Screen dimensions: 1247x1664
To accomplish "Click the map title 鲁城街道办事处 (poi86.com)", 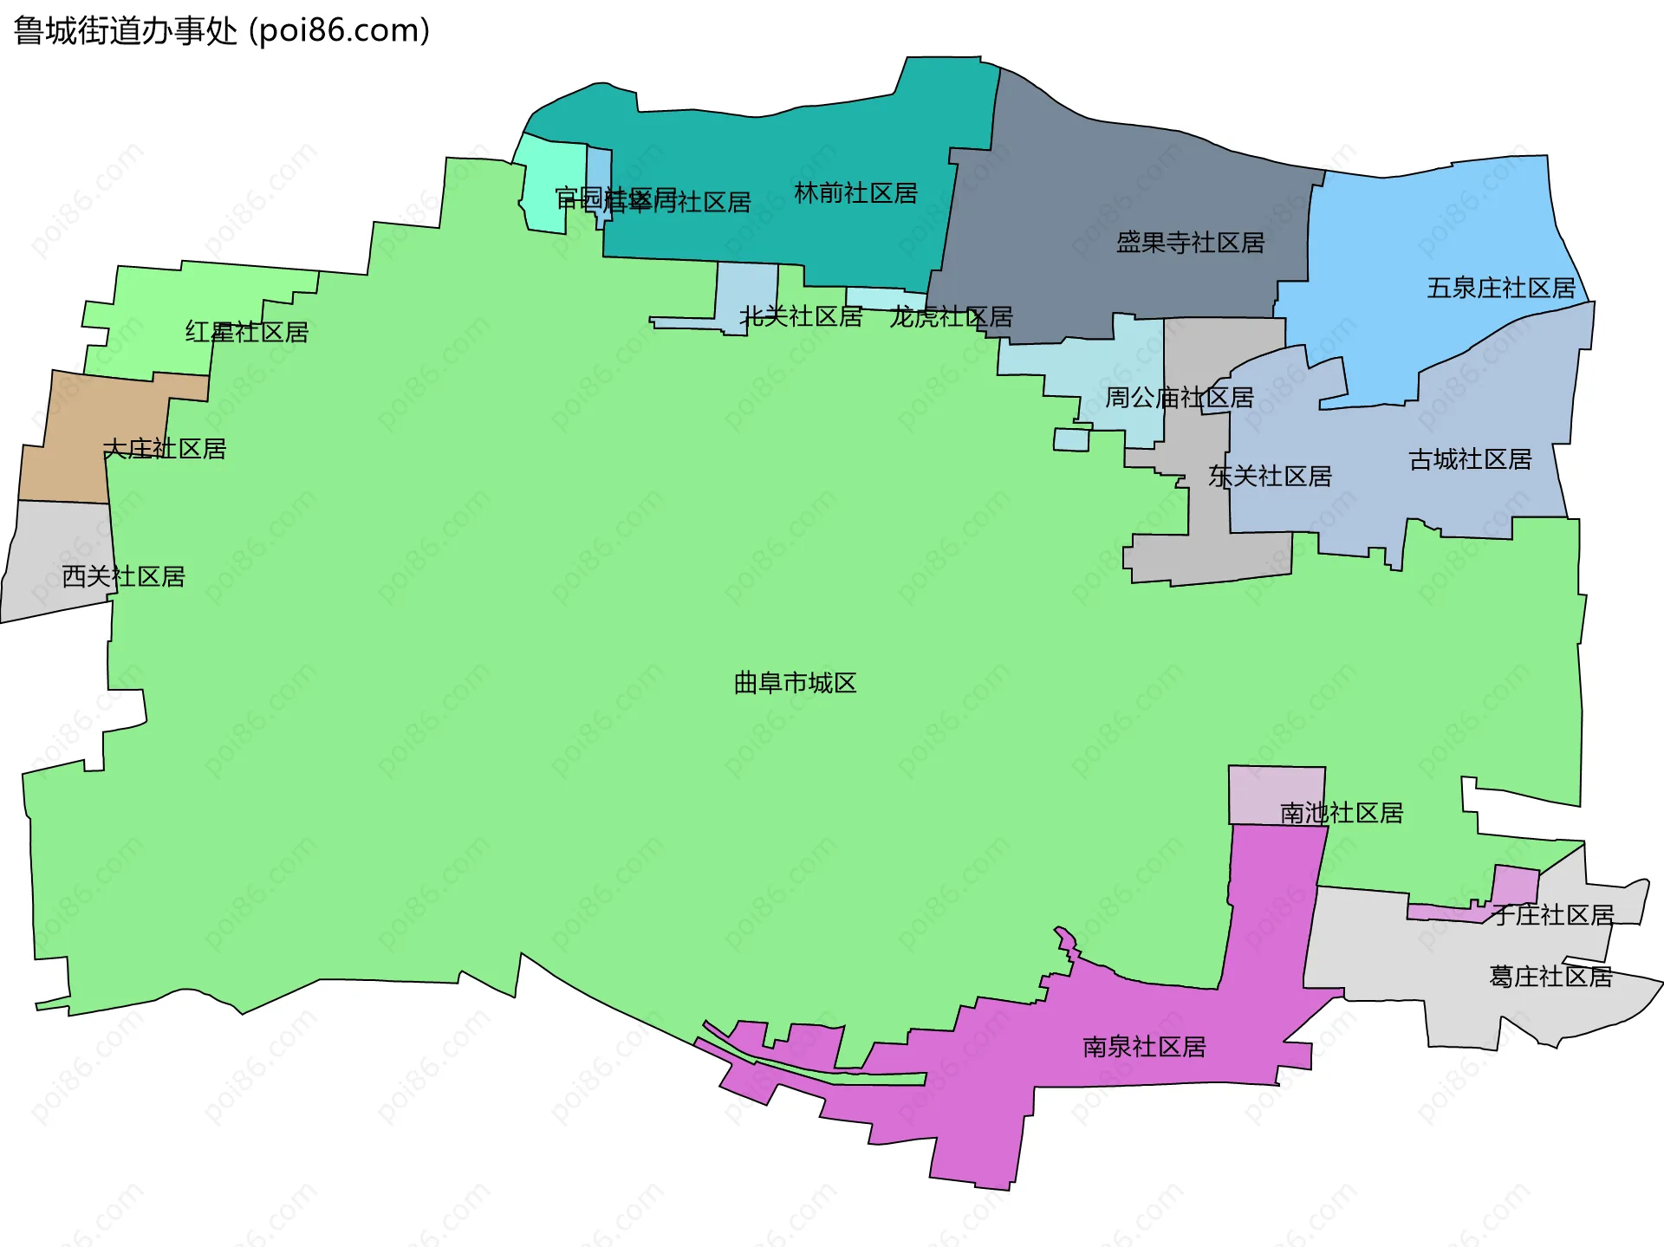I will pos(222,31).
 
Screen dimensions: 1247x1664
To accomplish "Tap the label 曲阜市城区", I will pos(795,683).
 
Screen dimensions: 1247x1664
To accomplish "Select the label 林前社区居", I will pos(855,193).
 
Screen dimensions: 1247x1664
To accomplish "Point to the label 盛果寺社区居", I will pos(1190,243).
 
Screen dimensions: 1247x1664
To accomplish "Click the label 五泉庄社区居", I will pos(1501,288).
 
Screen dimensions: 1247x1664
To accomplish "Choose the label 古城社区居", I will pos(1470,459).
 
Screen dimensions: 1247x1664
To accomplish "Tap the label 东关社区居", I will pos(1270,476).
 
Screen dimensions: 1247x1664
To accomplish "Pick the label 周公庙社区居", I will pos(1179,398).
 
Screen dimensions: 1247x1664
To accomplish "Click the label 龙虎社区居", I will pos(951,317).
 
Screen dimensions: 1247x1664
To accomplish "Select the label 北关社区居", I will pos(801,317).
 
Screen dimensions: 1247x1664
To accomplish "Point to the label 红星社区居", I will pos(247,332).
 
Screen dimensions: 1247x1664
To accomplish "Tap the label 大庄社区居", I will pos(165,449).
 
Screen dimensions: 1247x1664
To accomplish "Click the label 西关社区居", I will pos(124,576).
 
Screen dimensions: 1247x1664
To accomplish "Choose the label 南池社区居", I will pos(1342,813).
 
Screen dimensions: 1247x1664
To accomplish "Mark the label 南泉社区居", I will pos(1144,1047).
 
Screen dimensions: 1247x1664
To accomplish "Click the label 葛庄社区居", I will pos(1550,977).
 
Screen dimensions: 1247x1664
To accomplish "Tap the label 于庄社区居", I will pos(1552,915).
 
